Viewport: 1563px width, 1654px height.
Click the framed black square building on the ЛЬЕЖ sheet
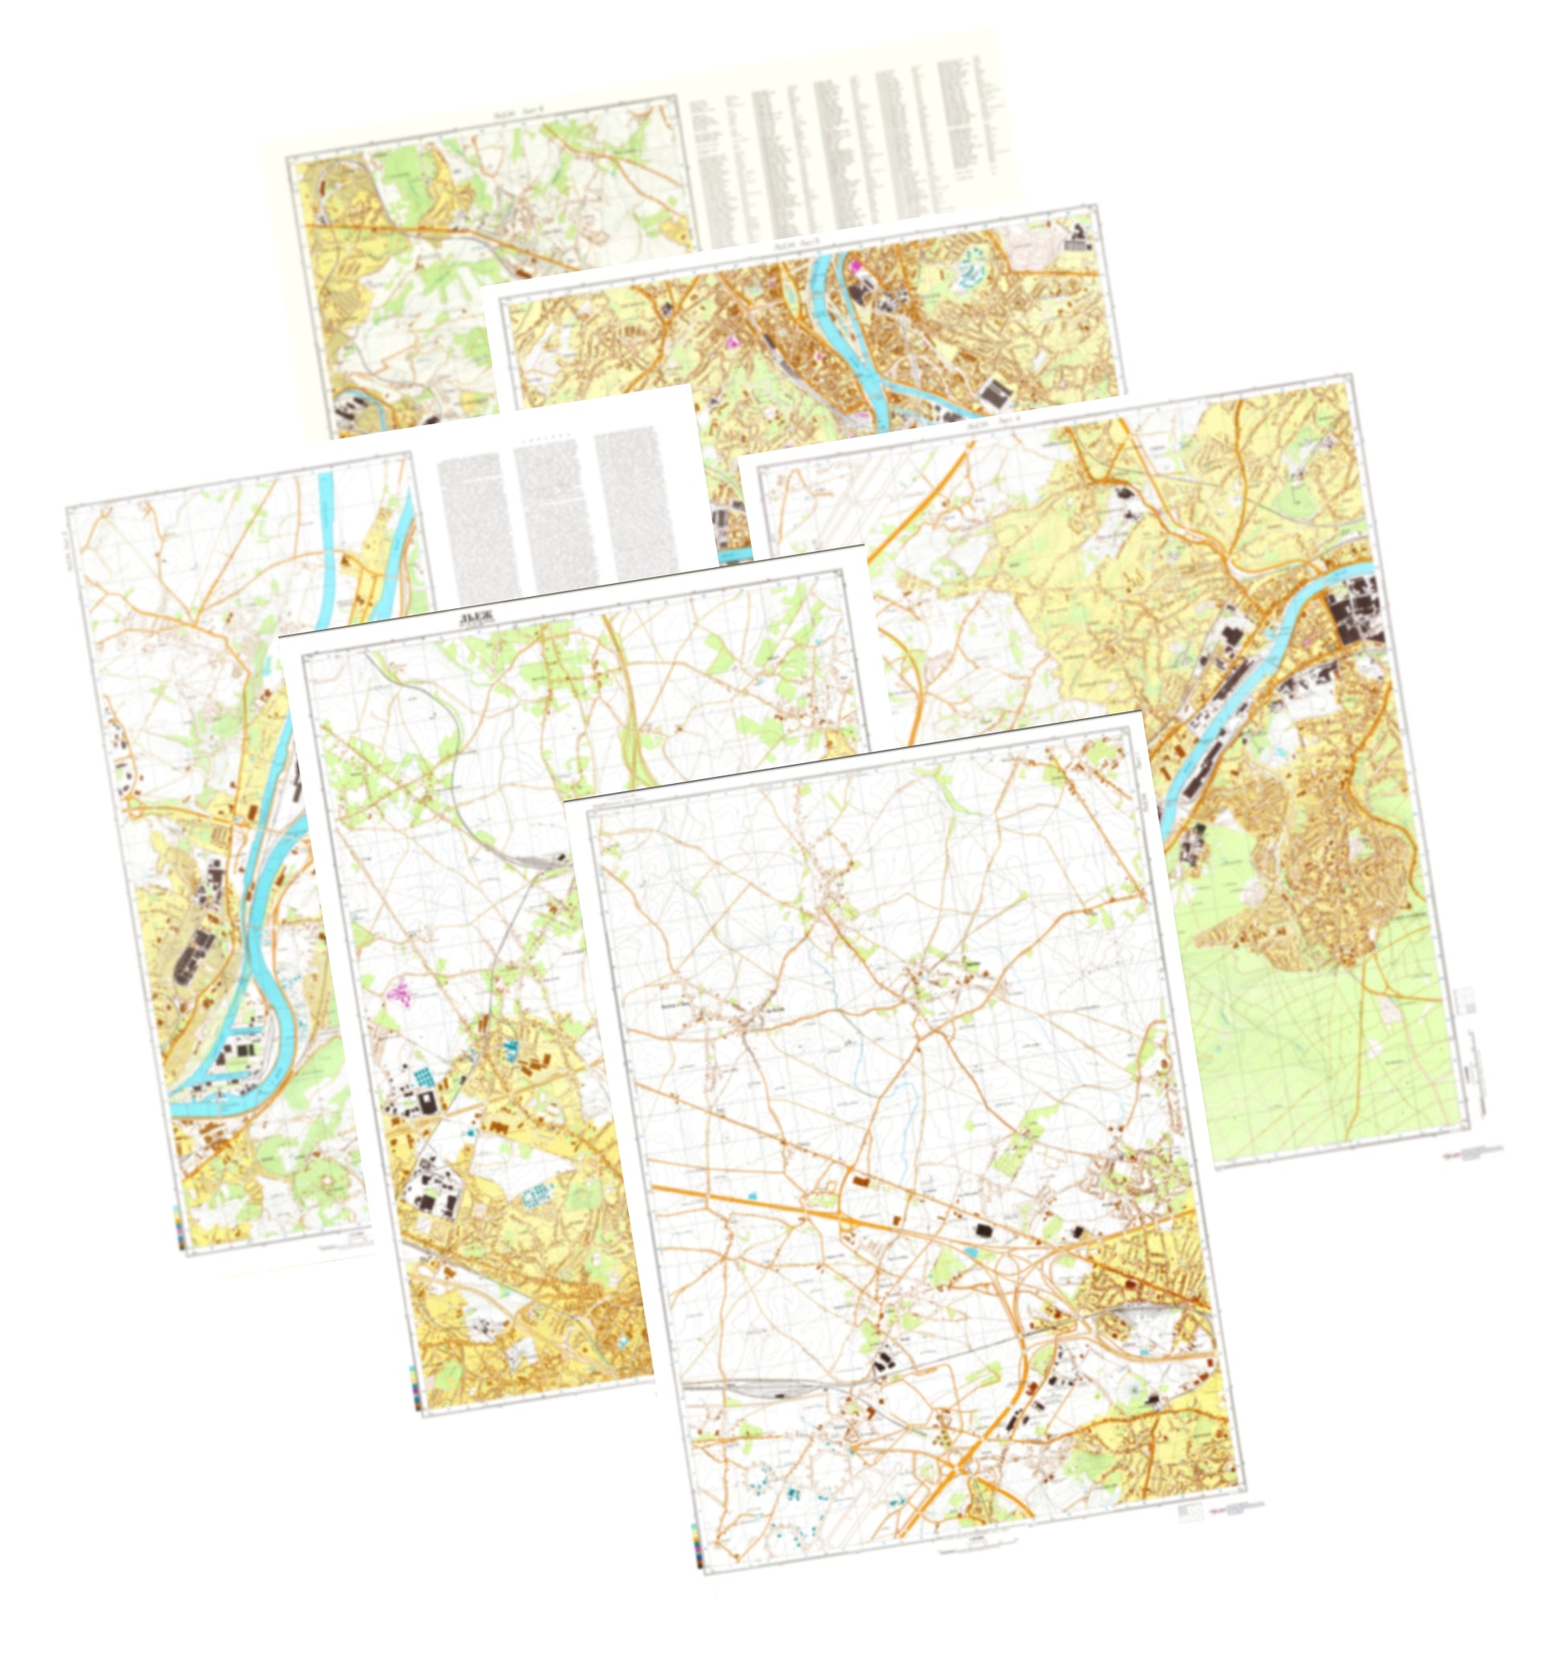428,1104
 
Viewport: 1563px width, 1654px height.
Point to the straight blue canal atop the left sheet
326,517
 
